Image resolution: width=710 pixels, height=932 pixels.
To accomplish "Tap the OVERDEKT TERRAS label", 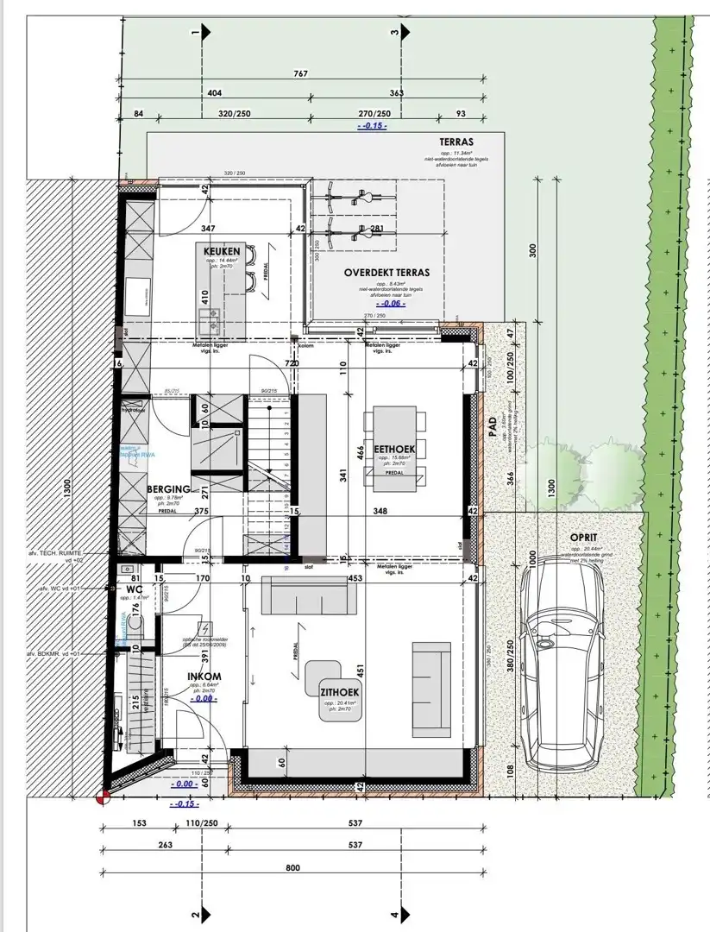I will tap(386, 272).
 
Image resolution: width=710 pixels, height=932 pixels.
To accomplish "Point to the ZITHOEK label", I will tap(340, 692).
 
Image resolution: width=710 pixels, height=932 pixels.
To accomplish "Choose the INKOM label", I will tap(204, 676).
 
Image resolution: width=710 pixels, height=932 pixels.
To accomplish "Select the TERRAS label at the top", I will tap(456, 142).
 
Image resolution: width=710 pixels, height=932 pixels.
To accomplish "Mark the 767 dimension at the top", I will tap(300, 74).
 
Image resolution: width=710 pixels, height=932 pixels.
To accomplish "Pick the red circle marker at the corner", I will tap(103, 799).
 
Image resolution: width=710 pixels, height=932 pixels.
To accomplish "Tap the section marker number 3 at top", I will tap(395, 33).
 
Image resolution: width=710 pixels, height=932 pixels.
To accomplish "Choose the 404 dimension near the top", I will tap(215, 92).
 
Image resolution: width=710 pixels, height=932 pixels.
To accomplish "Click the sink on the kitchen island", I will tap(209, 324).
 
